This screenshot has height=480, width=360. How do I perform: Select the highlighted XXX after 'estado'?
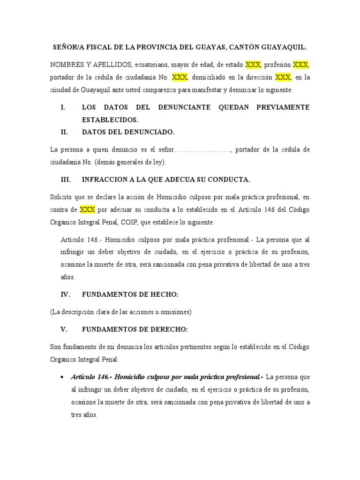click(253, 64)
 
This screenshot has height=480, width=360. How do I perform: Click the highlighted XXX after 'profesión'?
click(301, 64)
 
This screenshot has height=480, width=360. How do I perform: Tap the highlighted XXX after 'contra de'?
click(88, 209)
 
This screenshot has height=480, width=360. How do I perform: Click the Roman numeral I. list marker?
click(63, 107)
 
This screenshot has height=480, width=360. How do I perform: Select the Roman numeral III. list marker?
click(65, 180)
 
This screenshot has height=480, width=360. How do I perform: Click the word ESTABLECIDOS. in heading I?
click(110, 120)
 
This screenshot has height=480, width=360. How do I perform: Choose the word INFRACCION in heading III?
click(104, 180)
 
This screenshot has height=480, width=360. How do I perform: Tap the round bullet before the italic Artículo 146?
click(63, 377)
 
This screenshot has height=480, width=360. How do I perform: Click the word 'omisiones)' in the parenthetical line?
click(177, 312)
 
